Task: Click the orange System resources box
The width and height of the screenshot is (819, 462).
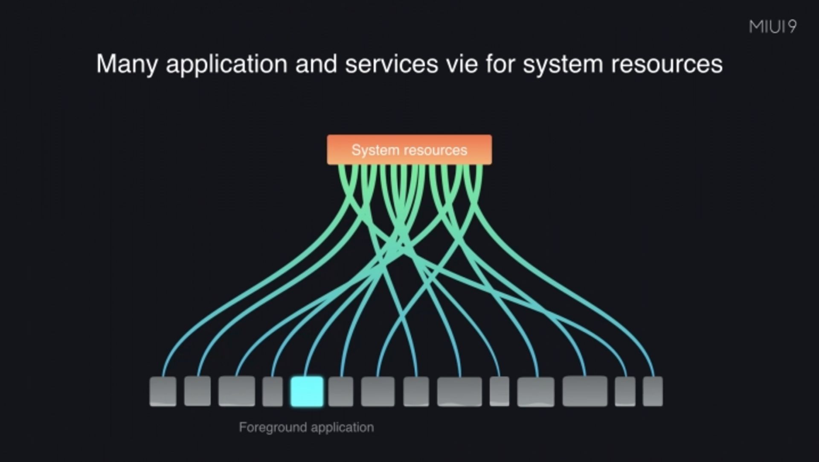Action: click(x=409, y=149)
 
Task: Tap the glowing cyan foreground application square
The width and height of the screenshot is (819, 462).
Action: click(x=307, y=391)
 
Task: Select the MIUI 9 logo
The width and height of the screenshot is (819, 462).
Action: click(x=773, y=27)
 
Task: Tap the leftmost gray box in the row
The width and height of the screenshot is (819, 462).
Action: click(x=163, y=391)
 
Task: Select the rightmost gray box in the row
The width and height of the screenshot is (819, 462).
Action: click(x=653, y=391)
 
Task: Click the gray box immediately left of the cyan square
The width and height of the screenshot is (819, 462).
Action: click(x=273, y=391)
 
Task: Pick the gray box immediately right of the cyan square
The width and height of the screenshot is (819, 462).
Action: click(x=341, y=391)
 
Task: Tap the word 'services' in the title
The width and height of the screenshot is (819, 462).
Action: click(x=392, y=64)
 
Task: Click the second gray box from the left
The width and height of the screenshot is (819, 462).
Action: click(x=197, y=391)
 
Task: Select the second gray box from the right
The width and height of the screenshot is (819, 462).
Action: click(x=625, y=391)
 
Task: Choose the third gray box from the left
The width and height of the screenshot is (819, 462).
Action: click(x=237, y=391)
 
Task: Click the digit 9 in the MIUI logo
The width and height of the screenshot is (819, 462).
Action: click(x=792, y=27)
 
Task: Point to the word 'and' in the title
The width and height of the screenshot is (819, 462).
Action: click(x=317, y=64)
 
